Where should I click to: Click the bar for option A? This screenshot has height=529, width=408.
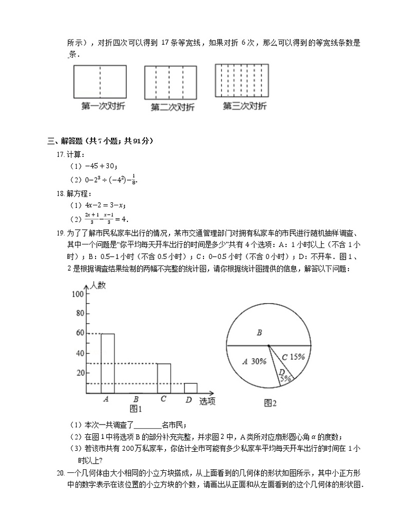pos(107,363)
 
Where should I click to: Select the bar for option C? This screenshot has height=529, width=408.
pos(164,378)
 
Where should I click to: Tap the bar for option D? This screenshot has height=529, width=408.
pos(190,388)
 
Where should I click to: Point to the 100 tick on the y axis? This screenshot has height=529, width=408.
pos(78,294)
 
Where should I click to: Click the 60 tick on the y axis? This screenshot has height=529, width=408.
pos(80,333)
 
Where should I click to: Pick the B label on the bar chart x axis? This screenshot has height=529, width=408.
pos(136,399)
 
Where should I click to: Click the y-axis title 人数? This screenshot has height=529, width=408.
pos(98,285)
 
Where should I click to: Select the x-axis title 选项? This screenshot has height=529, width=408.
pos(207,401)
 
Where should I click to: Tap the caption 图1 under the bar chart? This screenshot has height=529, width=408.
pos(136,409)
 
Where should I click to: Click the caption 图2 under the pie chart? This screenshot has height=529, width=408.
pos(270,403)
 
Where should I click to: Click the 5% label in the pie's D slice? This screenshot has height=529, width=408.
pos(285,378)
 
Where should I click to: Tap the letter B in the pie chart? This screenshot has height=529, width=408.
pos(259,333)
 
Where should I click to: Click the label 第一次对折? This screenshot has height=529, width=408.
pos(103,106)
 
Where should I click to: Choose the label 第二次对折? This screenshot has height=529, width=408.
pos(172,107)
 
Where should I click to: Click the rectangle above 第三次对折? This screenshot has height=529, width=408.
pos(242,80)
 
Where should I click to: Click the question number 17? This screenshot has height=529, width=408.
pos(60,154)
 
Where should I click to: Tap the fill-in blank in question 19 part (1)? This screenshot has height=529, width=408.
pos(147,425)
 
